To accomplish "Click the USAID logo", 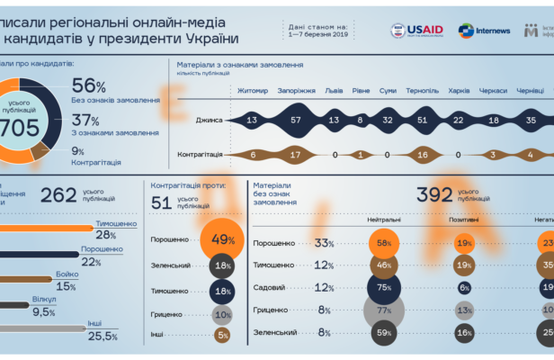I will (416, 31).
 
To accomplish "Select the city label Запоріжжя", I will (296, 91).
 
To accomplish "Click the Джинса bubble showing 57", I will (296, 120).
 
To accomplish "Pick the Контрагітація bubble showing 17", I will (296, 154).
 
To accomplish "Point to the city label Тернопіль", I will (422, 91).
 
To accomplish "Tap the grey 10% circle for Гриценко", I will (221, 314).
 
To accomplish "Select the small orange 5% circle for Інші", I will (221, 336).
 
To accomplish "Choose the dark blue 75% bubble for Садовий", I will (384, 288).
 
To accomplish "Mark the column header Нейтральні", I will (384, 220).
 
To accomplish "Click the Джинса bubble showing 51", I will (422, 120).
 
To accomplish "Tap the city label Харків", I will (459, 91).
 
